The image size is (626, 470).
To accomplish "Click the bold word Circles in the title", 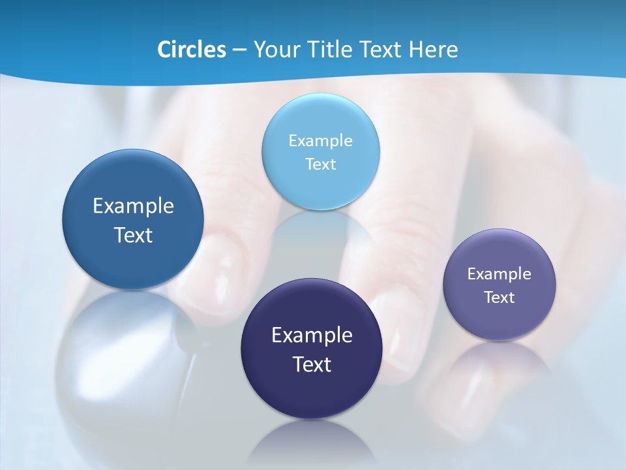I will click(x=191, y=50).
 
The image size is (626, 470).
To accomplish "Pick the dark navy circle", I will click(x=312, y=392).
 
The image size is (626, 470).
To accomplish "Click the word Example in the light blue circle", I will click(x=320, y=141).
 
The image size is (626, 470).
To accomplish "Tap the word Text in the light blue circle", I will click(x=320, y=164).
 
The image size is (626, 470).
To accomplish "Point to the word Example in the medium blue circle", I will click(x=133, y=206).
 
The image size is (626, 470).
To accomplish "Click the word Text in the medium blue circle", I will click(x=133, y=235).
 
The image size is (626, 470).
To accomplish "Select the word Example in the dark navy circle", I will click(x=312, y=336).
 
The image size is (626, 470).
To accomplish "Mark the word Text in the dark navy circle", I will click(x=312, y=364).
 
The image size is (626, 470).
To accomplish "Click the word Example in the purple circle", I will click(x=499, y=274).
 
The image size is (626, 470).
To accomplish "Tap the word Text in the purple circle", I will click(x=499, y=298).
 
